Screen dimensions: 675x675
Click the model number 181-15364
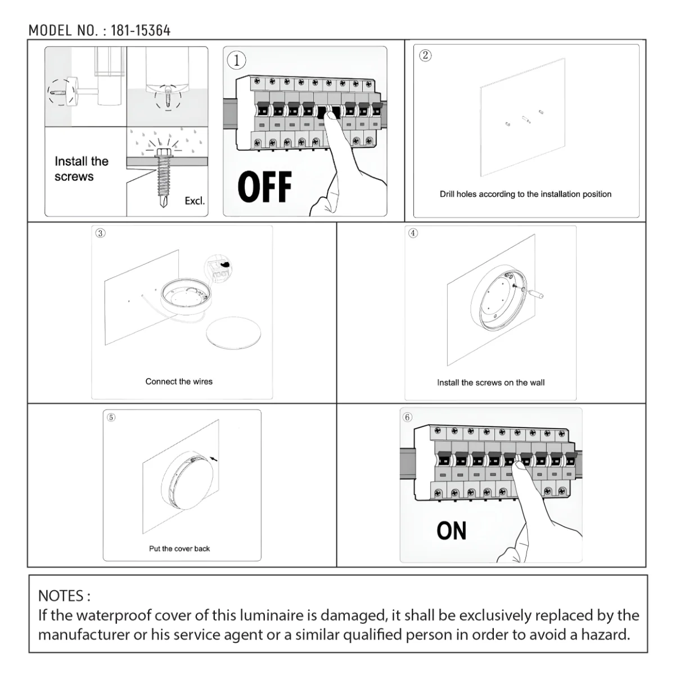point(140,30)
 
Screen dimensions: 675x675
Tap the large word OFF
point(264,187)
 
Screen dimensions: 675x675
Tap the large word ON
point(451,531)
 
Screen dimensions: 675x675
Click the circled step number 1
point(237,60)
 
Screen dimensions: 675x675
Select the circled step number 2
point(425,55)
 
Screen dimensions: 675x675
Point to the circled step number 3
point(100,233)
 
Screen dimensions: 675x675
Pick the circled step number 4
point(413,233)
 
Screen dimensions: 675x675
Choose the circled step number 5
point(111,417)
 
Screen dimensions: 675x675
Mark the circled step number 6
point(407,417)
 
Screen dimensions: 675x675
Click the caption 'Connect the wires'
point(179,381)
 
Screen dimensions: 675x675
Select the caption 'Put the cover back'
point(179,548)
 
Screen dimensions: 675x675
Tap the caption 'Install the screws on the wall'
point(490,382)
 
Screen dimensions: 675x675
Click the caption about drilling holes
point(525,194)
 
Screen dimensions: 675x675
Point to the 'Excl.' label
point(195,201)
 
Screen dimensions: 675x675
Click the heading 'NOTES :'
point(64,595)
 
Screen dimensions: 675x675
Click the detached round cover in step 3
point(233,335)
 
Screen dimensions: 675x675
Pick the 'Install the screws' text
point(81,169)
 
